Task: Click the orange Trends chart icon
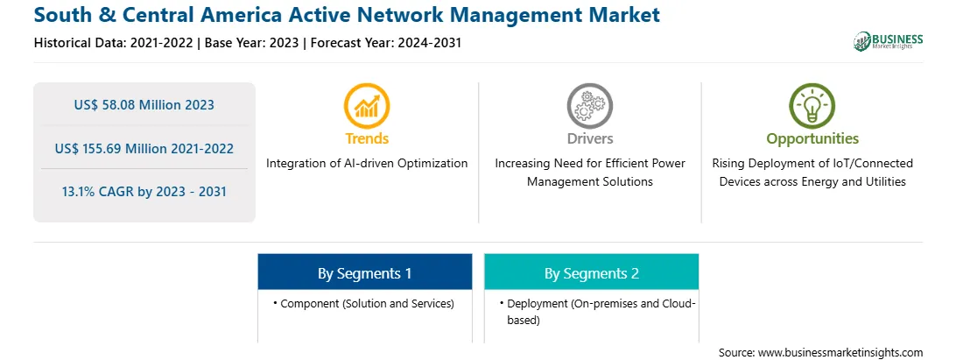[x=367, y=106]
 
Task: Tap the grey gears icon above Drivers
[x=589, y=106]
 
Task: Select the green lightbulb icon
[x=812, y=106]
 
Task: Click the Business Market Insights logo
[x=889, y=41]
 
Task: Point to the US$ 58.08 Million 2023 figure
[x=144, y=105]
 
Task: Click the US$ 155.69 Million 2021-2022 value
[x=144, y=148]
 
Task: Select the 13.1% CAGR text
[x=144, y=192]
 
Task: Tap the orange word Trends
[x=367, y=138]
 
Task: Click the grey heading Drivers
[x=589, y=138]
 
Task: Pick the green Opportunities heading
[x=812, y=139]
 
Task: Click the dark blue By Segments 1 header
[x=364, y=273]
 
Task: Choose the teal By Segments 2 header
[x=592, y=273]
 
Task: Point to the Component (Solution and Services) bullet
[x=363, y=303]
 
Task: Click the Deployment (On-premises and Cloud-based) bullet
[x=597, y=311]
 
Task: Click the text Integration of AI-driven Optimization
[x=367, y=164]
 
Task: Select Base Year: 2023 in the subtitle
[x=252, y=43]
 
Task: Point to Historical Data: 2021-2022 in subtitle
[x=115, y=43]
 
